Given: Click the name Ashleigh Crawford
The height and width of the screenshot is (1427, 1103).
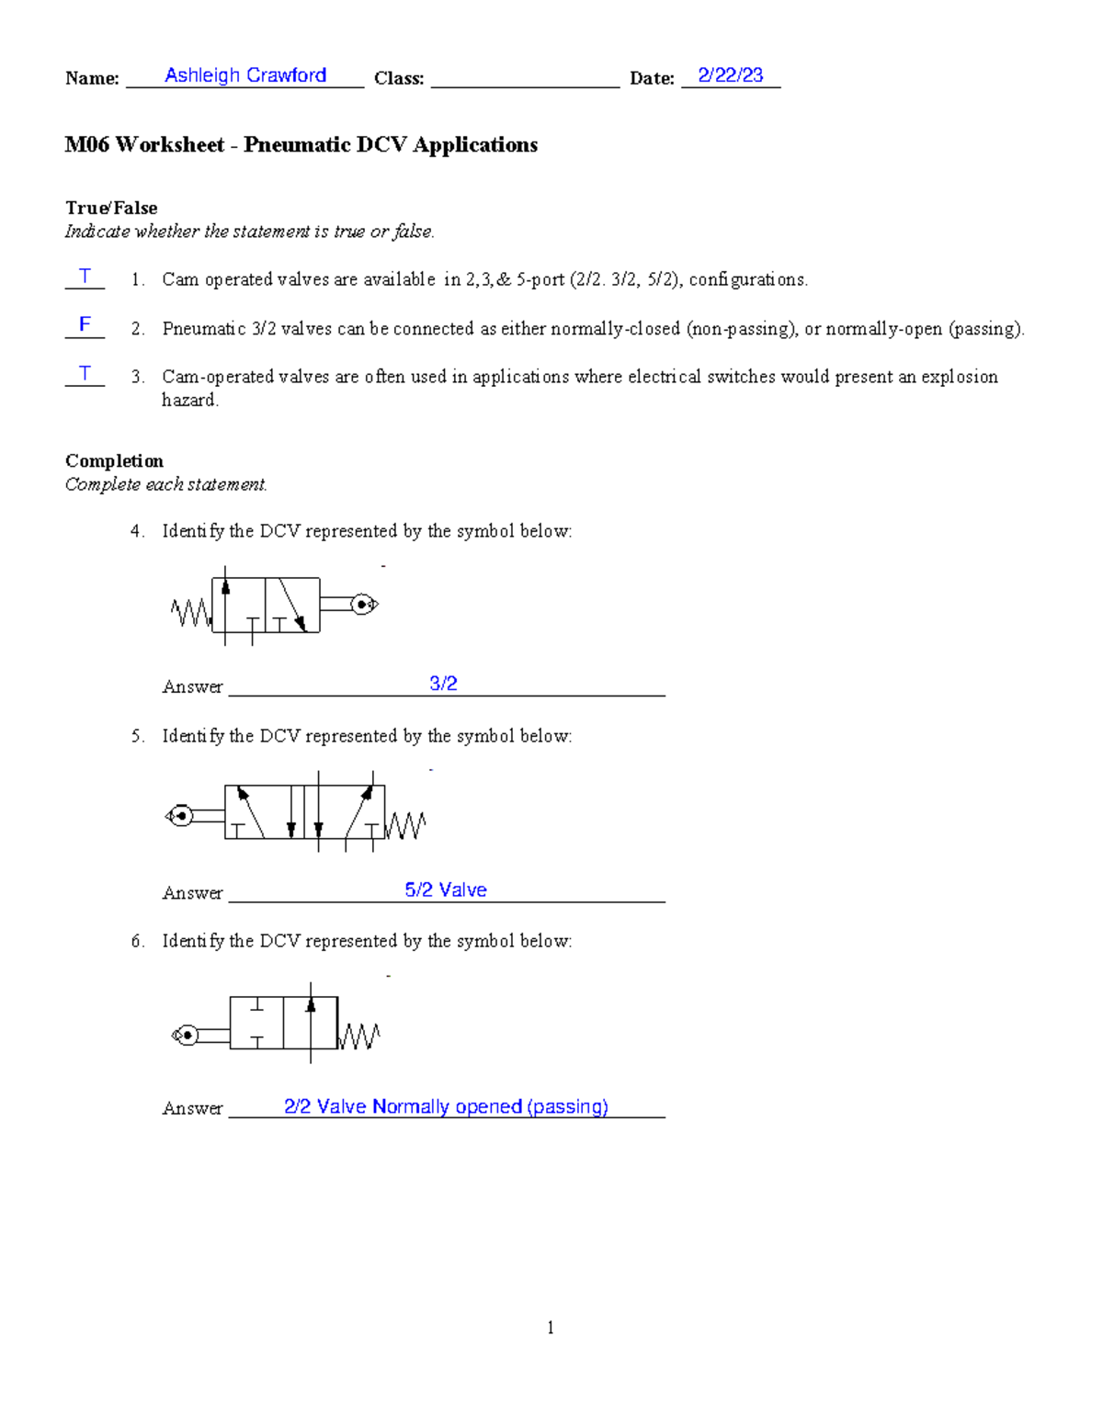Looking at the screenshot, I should click(x=245, y=75).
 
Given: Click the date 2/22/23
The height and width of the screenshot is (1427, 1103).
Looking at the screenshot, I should click(x=730, y=75).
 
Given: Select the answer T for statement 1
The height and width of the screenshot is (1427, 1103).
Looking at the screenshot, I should click(x=85, y=276).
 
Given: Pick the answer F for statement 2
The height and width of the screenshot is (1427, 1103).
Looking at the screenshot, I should click(x=85, y=324).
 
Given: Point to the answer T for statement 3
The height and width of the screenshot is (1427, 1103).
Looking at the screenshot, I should click(x=85, y=373).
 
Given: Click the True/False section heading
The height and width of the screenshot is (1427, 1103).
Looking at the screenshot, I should click(x=111, y=208).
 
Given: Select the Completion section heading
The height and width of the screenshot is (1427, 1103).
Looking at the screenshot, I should click(x=114, y=460).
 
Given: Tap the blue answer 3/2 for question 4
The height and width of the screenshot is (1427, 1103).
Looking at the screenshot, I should click(x=443, y=684).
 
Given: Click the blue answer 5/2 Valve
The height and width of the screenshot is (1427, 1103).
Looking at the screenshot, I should click(x=446, y=889).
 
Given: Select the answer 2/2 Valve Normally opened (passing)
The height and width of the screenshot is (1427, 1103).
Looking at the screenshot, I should click(x=446, y=1106).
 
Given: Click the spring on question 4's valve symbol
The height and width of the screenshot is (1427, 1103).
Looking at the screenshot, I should click(x=191, y=612).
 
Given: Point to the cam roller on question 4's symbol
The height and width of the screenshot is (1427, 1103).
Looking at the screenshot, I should click(x=364, y=605).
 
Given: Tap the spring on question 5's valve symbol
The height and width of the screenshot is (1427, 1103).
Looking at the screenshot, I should click(x=405, y=825).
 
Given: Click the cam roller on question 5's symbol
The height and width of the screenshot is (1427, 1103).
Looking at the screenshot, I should click(x=180, y=815).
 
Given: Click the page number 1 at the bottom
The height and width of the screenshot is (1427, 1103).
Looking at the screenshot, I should click(x=551, y=1327).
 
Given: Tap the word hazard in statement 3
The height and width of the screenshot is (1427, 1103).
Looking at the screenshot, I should click(x=189, y=400).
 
